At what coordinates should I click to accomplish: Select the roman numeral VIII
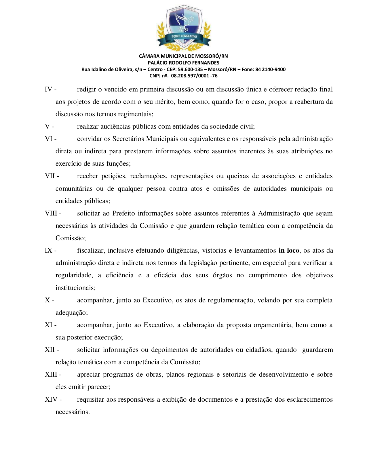[51, 213]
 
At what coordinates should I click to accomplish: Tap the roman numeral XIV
[51, 400]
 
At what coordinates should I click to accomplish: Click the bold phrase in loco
[289, 251]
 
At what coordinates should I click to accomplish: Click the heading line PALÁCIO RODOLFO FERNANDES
[183, 63]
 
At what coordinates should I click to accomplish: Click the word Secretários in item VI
[128, 139]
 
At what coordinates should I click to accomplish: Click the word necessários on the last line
[72, 412]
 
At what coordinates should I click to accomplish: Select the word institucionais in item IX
[75, 288]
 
